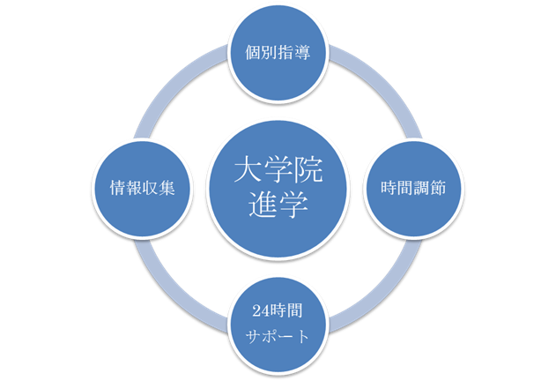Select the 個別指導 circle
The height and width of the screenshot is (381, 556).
click(x=278, y=51)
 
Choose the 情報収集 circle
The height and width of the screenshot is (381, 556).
click(x=141, y=189)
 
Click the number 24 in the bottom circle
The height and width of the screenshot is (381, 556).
click(x=256, y=313)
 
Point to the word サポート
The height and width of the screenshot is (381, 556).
click(x=278, y=337)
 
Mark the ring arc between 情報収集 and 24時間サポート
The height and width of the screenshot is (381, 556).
click(x=181, y=286)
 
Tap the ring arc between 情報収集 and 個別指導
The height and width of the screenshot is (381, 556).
click(x=181, y=92)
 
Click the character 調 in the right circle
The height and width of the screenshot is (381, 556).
click(x=423, y=190)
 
